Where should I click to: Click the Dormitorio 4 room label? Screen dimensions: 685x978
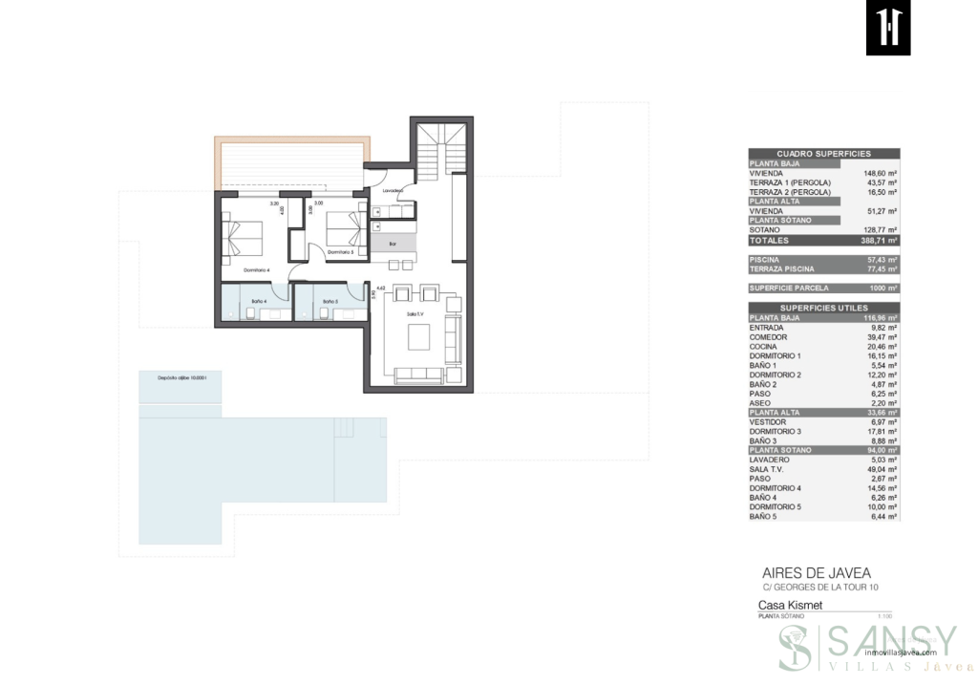tap(256, 270)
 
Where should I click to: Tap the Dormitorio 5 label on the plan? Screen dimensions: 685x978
tap(340, 252)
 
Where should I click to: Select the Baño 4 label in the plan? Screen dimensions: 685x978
tap(259, 302)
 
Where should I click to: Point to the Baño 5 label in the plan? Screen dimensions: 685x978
tap(330, 302)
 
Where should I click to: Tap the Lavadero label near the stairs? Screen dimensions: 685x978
tap(393, 191)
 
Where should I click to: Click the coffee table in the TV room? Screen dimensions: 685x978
tap(418, 337)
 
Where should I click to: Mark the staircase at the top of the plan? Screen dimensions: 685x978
tap(442, 153)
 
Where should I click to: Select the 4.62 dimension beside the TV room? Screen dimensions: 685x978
tap(380, 288)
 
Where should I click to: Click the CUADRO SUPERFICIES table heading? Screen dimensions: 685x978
tap(823, 154)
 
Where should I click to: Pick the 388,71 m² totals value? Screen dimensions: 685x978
tap(879, 241)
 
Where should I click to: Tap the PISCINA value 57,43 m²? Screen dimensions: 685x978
tap(880, 260)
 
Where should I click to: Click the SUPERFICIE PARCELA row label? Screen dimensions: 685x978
tap(789, 288)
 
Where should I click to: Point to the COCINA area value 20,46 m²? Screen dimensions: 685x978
tap(880, 346)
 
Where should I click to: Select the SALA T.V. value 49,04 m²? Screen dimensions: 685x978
tap(880, 469)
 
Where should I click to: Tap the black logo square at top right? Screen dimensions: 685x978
tap(888, 29)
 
